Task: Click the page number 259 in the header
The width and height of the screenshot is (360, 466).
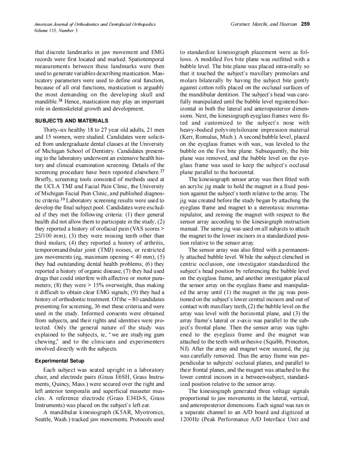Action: tap(305, 25)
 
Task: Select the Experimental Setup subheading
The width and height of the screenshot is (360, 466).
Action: tap(59, 361)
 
